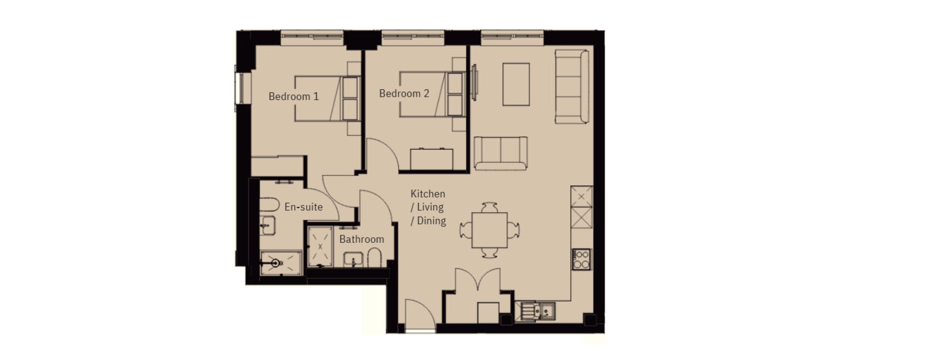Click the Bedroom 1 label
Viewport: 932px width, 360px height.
coord(294,97)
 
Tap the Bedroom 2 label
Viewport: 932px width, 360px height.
coord(404,93)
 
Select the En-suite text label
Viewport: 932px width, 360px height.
coord(303,206)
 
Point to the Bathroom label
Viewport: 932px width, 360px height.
coord(361,239)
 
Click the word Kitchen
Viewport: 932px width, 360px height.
coord(428,194)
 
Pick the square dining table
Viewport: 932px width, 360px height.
coord(489,230)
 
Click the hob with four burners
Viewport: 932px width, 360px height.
coord(582,259)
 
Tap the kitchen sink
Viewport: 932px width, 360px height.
coord(535,311)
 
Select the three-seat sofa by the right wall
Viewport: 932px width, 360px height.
coord(572,87)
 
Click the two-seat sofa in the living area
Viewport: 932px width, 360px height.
coord(501,154)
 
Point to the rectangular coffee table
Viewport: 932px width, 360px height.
coord(516,84)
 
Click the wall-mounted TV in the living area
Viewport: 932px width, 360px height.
coord(475,82)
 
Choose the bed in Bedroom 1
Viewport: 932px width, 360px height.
coord(327,98)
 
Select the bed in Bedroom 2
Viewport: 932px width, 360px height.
coord(432,94)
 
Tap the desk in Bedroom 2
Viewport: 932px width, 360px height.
coord(432,159)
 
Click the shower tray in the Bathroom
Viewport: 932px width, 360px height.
coord(320,247)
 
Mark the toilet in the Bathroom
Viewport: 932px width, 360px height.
coord(374,258)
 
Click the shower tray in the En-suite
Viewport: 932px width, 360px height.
coord(281,263)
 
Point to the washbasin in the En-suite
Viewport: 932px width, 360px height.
coord(267,225)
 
